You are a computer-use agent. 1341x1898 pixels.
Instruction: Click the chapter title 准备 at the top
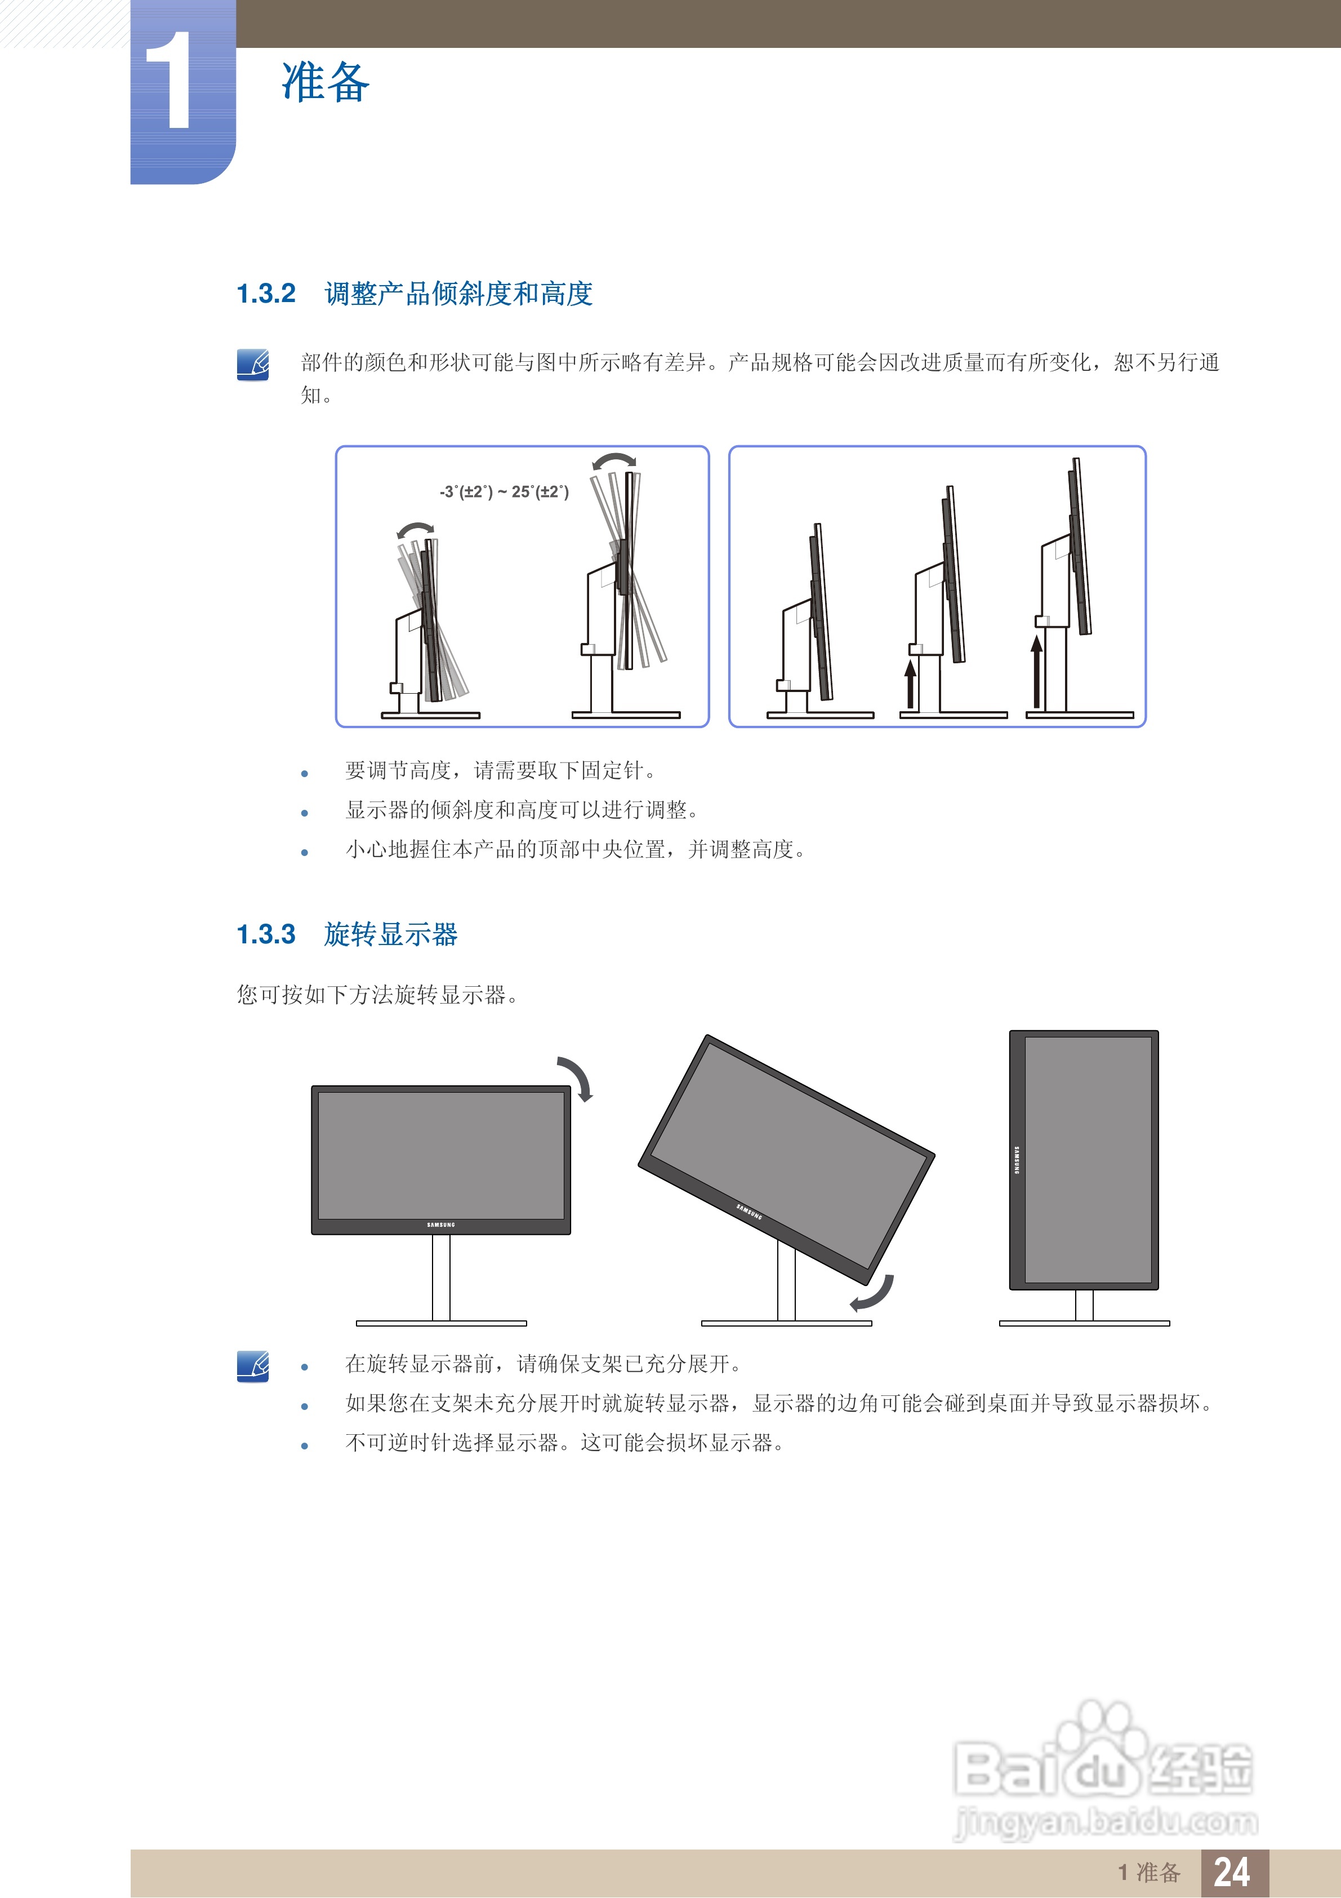click(x=326, y=83)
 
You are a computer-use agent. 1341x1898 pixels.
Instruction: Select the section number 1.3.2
click(x=266, y=294)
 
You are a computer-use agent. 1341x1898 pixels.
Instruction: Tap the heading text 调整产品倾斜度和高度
click(x=458, y=294)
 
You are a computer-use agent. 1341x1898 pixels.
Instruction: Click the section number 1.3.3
click(x=266, y=934)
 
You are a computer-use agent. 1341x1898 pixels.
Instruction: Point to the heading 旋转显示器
click(x=391, y=934)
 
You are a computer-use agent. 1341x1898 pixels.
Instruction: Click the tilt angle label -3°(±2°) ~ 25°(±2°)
click(x=504, y=492)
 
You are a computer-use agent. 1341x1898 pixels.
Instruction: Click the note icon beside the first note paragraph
click(x=253, y=365)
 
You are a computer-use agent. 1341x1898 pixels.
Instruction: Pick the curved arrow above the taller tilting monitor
click(x=614, y=460)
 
